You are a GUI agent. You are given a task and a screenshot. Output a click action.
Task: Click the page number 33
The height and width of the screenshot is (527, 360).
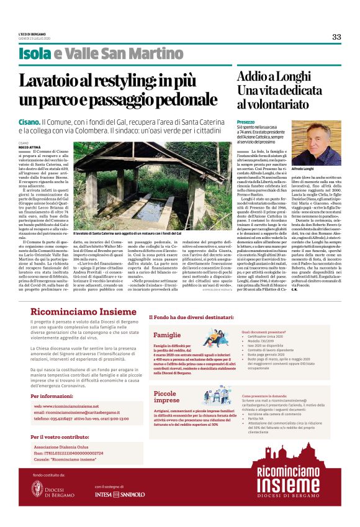click(336, 37)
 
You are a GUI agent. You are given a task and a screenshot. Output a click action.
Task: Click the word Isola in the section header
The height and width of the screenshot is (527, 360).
click(35, 55)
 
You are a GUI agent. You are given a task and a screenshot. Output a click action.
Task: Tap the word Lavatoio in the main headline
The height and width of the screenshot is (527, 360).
click(63, 81)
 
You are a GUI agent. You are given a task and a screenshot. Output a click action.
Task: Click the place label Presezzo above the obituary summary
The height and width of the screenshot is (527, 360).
click(246, 122)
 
